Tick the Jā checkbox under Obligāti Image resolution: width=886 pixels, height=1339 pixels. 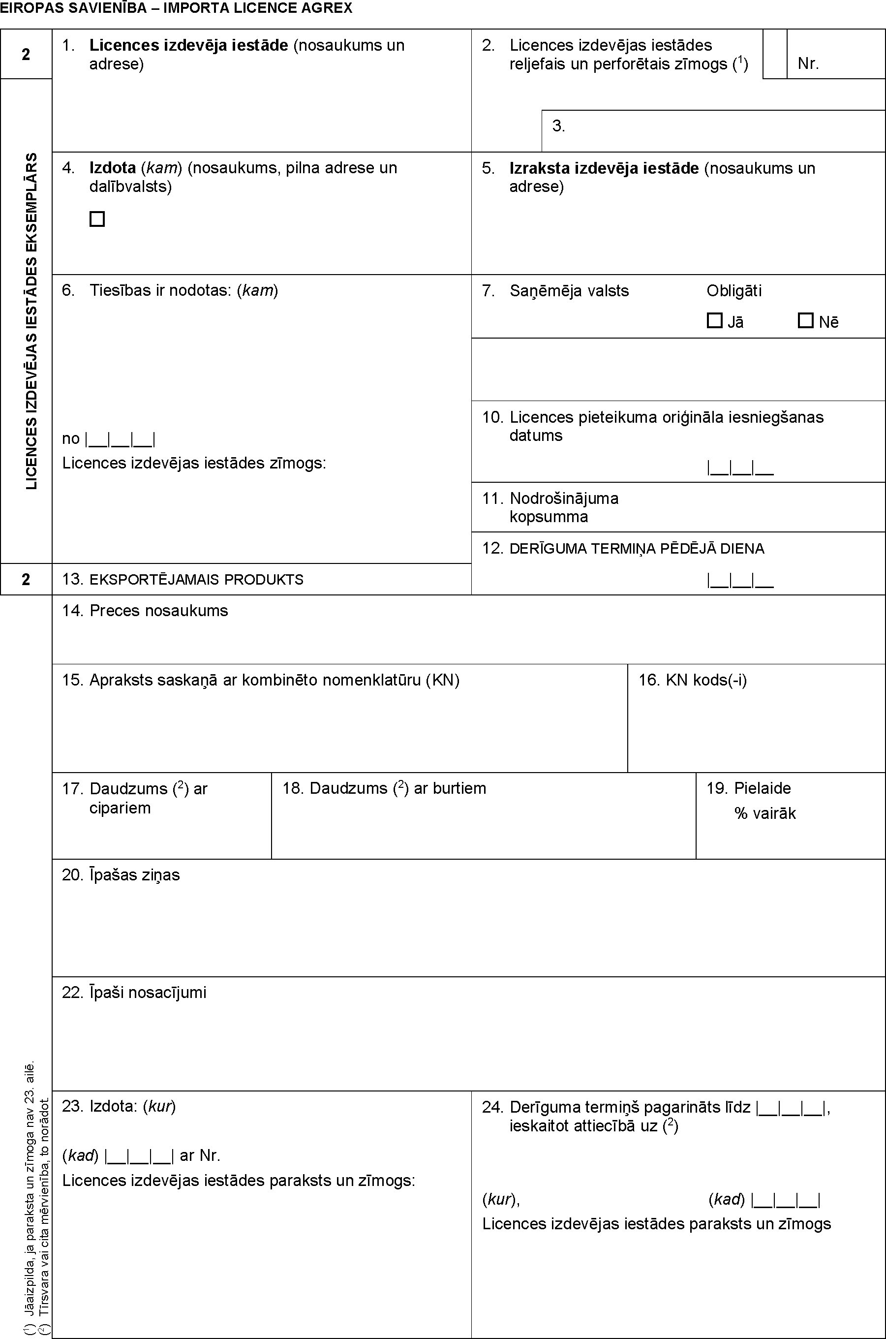714,321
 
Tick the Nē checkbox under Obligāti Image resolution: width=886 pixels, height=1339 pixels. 805,321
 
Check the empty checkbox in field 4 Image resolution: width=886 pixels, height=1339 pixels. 97,219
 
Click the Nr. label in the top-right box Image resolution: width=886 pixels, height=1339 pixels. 808,64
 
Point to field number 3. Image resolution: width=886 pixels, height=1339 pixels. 558,126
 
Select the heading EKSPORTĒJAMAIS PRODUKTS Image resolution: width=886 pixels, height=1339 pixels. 196,580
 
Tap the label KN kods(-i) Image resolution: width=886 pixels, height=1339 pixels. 706,680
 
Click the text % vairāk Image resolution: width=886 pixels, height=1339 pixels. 764,814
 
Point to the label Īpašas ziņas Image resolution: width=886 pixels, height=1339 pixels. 134,875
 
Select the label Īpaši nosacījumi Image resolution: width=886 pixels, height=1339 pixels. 148,993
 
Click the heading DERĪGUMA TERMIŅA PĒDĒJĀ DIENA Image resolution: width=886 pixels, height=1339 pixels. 636,549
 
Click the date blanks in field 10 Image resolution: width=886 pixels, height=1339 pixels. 740,468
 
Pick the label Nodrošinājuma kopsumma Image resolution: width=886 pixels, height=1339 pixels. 563,507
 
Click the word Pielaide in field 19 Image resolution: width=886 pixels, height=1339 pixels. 762,788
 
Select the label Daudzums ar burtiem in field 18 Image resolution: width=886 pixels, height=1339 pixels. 397,788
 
